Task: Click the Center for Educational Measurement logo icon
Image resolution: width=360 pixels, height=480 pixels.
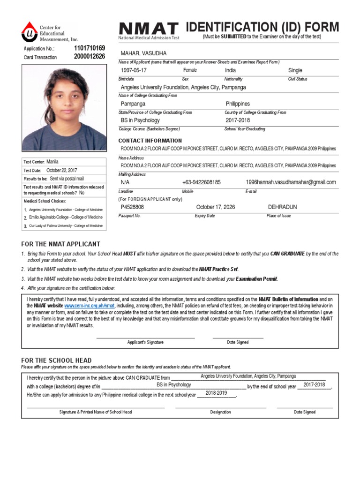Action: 30,33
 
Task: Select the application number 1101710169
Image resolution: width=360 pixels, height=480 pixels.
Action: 90,48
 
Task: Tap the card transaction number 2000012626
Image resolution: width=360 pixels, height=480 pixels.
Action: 90,57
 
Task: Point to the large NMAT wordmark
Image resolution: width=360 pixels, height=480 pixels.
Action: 149,28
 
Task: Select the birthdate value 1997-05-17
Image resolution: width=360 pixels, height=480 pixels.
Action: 134,70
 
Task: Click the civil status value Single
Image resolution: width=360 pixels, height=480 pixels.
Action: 295,70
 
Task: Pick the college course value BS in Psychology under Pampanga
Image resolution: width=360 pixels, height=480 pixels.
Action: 140,120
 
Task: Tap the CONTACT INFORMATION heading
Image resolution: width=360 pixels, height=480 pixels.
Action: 150,141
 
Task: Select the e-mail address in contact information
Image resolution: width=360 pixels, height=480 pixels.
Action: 291,182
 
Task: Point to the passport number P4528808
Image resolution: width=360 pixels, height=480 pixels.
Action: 132,207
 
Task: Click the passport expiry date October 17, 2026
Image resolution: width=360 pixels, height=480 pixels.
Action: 216,207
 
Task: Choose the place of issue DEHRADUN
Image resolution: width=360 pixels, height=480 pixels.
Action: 282,207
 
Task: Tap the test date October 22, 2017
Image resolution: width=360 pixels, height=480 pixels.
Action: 62,171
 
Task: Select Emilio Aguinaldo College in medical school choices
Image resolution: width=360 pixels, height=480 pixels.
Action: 66,217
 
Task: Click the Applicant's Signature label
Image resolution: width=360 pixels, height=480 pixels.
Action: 145,342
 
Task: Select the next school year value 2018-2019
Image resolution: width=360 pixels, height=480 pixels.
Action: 216,393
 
